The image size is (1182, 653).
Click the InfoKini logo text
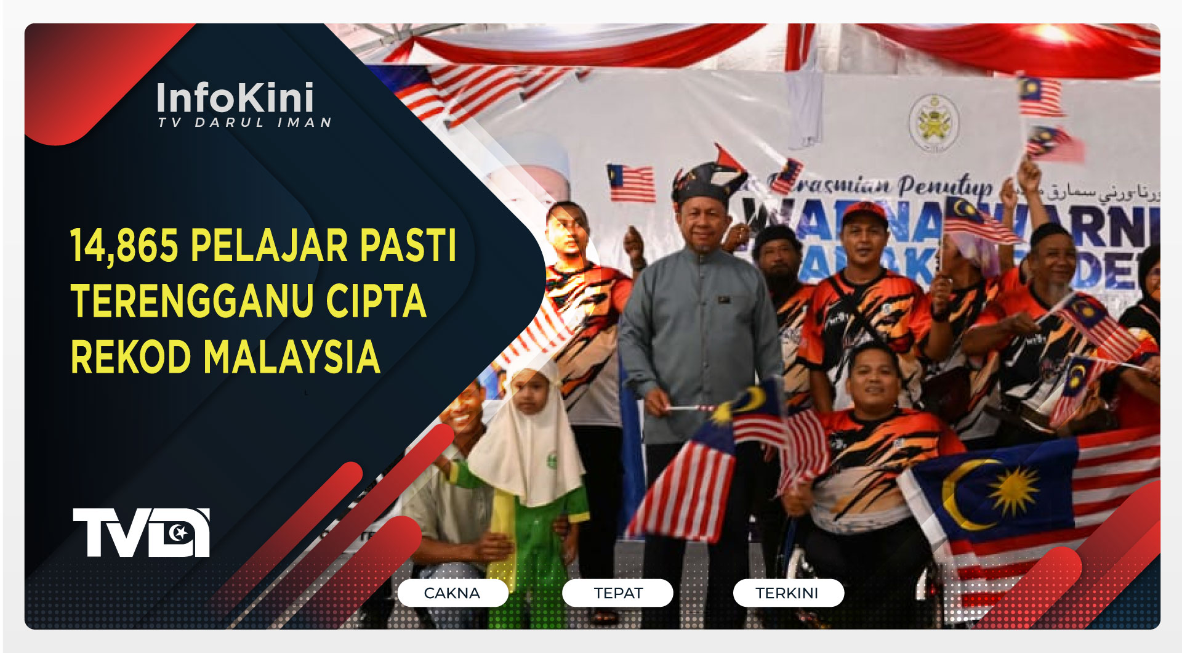tap(235, 98)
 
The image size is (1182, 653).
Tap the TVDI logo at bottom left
tap(141, 532)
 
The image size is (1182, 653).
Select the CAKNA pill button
tap(452, 593)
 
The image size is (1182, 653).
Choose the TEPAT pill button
tap(617, 593)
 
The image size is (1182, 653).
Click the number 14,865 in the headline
tap(124, 246)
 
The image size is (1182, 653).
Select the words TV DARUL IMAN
tap(244, 123)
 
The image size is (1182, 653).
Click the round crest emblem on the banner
tap(934, 123)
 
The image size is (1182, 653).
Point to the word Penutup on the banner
tap(944, 185)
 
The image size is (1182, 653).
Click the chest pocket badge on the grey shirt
tap(725, 300)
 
